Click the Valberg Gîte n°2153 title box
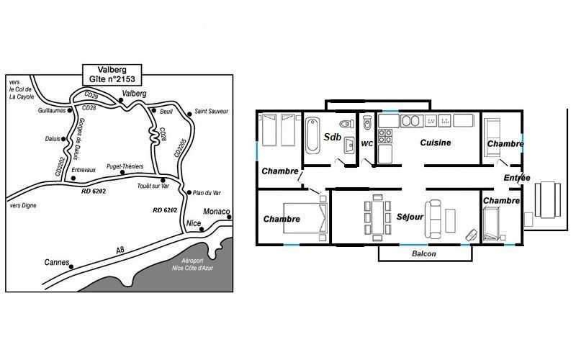point(112,75)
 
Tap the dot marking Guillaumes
point(69,110)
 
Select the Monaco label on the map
point(217,212)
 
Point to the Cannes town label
point(57,262)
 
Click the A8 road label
point(120,250)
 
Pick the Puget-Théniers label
point(125,166)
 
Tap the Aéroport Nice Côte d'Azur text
point(192,264)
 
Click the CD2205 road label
point(181,148)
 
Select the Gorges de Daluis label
point(79,139)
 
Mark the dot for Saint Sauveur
point(189,114)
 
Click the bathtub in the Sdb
point(312,135)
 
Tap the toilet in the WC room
point(367,122)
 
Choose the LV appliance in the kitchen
point(431,121)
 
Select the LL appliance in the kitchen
point(445,121)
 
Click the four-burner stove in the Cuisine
point(385,136)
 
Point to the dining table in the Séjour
point(377,217)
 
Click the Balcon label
point(424,253)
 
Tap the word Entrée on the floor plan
point(517,178)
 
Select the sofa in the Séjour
point(433,219)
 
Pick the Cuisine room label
point(436,143)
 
